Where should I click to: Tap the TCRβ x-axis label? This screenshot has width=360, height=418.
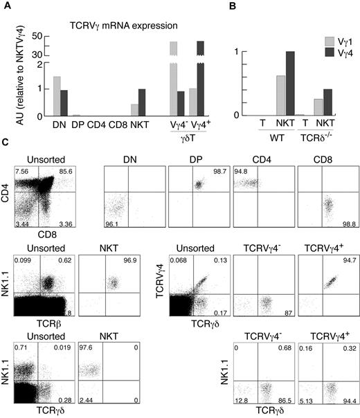tap(47, 319)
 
